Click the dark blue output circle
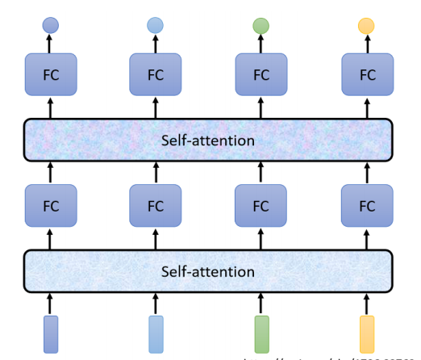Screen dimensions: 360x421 pyautogui.click(x=50, y=26)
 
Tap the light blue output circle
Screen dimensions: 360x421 pyautogui.click(x=156, y=26)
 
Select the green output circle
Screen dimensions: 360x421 pyautogui.click(x=261, y=26)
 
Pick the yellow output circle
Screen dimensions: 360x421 pyautogui.click(x=367, y=26)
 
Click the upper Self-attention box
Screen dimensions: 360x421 pyautogui.click(x=208, y=140)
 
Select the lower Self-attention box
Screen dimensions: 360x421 pyautogui.click(x=208, y=271)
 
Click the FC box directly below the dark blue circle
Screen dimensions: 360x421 pyautogui.click(x=50, y=75)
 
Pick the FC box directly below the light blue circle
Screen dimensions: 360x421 pyautogui.click(x=156, y=75)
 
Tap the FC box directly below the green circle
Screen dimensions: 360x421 pyautogui.click(x=261, y=75)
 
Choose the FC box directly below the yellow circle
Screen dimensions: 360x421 pyautogui.click(x=367, y=75)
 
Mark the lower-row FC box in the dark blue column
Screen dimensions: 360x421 pyautogui.click(x=50, y=206)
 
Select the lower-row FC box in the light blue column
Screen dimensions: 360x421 pyautogui.click(x=156, y=206)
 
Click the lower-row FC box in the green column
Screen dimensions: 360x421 pyautogui.click(x=261, y=206)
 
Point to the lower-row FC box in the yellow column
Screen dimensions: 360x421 pyautogui.click(x=367, y=206)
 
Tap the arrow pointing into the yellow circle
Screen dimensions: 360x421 pyautogui.click(x=367, y=45)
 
